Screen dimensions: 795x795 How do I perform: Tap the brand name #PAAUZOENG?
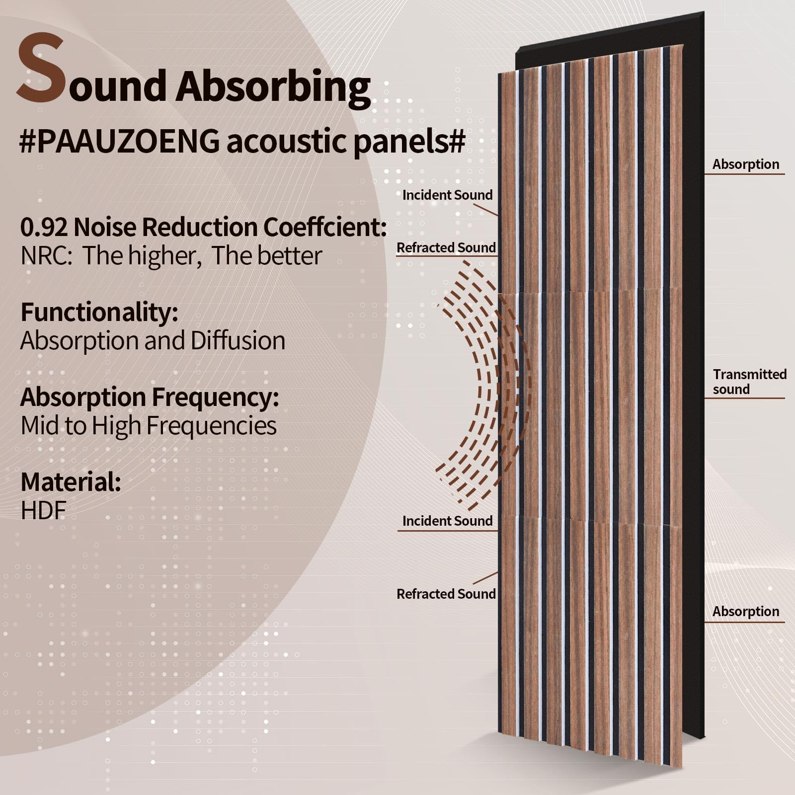[x=119, y=142]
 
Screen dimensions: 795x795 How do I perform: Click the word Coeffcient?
[x=324, y=227]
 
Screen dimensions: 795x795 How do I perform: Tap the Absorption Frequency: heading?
[x=150, y=397]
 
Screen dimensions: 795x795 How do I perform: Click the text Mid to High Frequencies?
[x=149, y=426]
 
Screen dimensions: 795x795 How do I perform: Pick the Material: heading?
[x=71, y=481]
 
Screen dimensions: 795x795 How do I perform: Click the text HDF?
[x=43, y=510]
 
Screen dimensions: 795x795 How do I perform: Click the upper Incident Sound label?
[x=447, y=195]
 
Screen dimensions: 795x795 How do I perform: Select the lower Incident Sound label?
[x=447, y=521]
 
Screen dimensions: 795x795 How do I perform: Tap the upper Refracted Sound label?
[x=446, y=247]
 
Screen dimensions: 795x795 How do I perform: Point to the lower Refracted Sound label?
[x=446, y=594]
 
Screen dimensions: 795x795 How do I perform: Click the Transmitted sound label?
[x=749, y=382]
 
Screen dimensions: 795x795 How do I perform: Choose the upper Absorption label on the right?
[x=745, y=164]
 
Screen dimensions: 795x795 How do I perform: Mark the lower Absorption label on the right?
[x=745, y=612]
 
